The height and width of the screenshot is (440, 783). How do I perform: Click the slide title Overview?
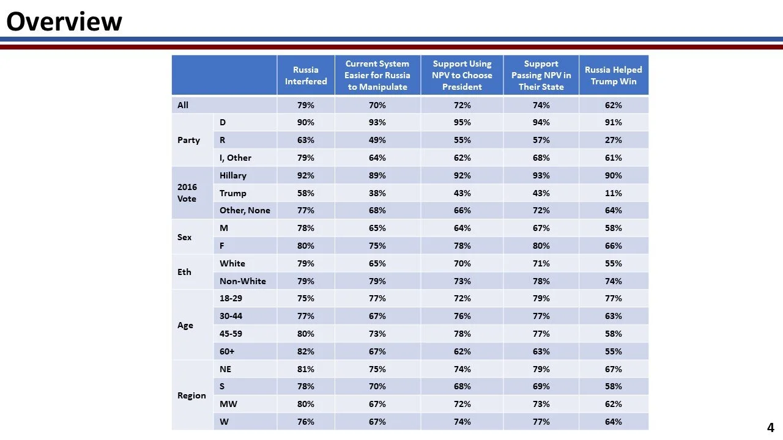(x=64, y=22)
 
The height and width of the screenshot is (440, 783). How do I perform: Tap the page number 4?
(x=771, y=428)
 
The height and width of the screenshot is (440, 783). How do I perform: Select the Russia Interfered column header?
(x=306, y=75)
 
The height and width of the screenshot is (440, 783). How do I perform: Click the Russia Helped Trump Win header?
(x=614, y=75)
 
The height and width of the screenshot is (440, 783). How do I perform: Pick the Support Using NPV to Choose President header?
(x=462, y=75)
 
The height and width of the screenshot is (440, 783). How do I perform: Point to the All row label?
(x=183, y=105)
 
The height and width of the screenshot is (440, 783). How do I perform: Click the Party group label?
(x=188, y=140)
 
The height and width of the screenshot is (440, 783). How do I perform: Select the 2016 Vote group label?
(x=187, y=193)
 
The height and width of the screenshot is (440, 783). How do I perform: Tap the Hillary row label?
(x=233, y=175)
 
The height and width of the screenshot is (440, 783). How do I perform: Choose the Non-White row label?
(x=243, y=281)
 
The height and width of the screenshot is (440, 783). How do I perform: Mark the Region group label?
(x=191, y=395)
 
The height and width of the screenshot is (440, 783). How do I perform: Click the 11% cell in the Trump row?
(x=614, y=193)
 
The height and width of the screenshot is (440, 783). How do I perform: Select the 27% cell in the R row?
(x=614, y=140)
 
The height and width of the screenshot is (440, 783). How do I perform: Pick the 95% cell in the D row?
(x=462, y=122)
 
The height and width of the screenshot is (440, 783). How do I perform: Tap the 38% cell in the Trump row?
(x=377, y=193)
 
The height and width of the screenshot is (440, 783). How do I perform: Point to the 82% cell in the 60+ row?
(x=306, y=351)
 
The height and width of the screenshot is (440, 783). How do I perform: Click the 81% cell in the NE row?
(x=306, y=369)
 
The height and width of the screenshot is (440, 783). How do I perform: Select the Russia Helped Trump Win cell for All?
(x=614, y=105)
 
